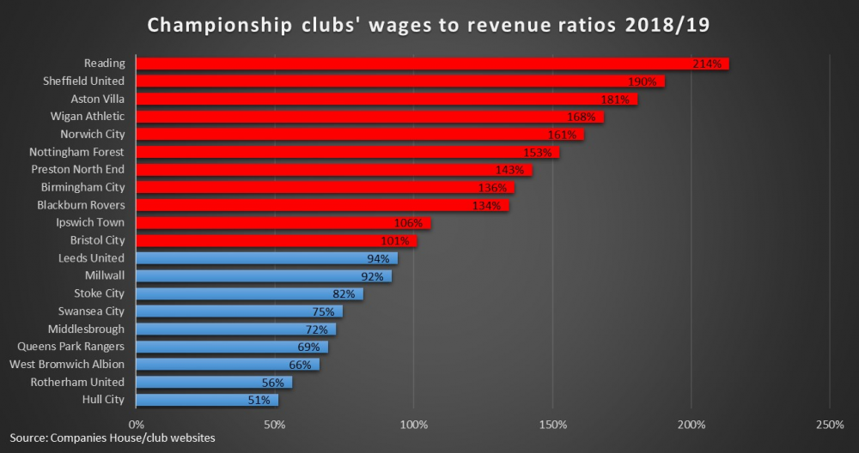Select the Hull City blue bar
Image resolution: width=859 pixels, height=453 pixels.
[206, 400]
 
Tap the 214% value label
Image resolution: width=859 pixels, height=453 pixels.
[709, 63]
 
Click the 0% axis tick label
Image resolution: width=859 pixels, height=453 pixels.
[136, 425]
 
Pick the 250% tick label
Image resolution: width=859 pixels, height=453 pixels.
[830, 425]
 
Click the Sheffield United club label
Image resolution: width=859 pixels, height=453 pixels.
[84, 81]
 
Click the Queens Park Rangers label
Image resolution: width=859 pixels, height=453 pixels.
[71, 347]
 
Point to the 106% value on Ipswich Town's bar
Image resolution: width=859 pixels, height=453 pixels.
[408, 223]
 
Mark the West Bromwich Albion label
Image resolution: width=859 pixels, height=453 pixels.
[67, 365]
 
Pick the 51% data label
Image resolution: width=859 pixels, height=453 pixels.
[259, 400]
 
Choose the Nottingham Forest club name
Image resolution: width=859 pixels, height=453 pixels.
[77, 152]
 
